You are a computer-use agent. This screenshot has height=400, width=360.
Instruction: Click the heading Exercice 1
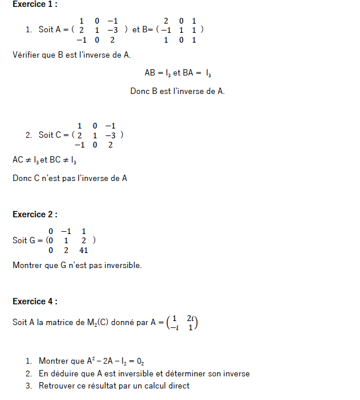click(35, 5)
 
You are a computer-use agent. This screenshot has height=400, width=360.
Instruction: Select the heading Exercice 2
click(35, 214)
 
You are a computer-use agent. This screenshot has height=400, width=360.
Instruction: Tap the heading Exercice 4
click(35, 301)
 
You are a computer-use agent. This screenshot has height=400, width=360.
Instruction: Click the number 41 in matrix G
click(84, 251)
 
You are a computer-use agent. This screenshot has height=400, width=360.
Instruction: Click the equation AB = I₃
click(158, 73)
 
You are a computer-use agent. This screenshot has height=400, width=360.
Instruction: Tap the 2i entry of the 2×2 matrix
click(191, 318)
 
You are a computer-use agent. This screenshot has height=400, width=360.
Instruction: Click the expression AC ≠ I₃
click(24, 160)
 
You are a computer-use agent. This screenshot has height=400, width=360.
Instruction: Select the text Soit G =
click(28, 240)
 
